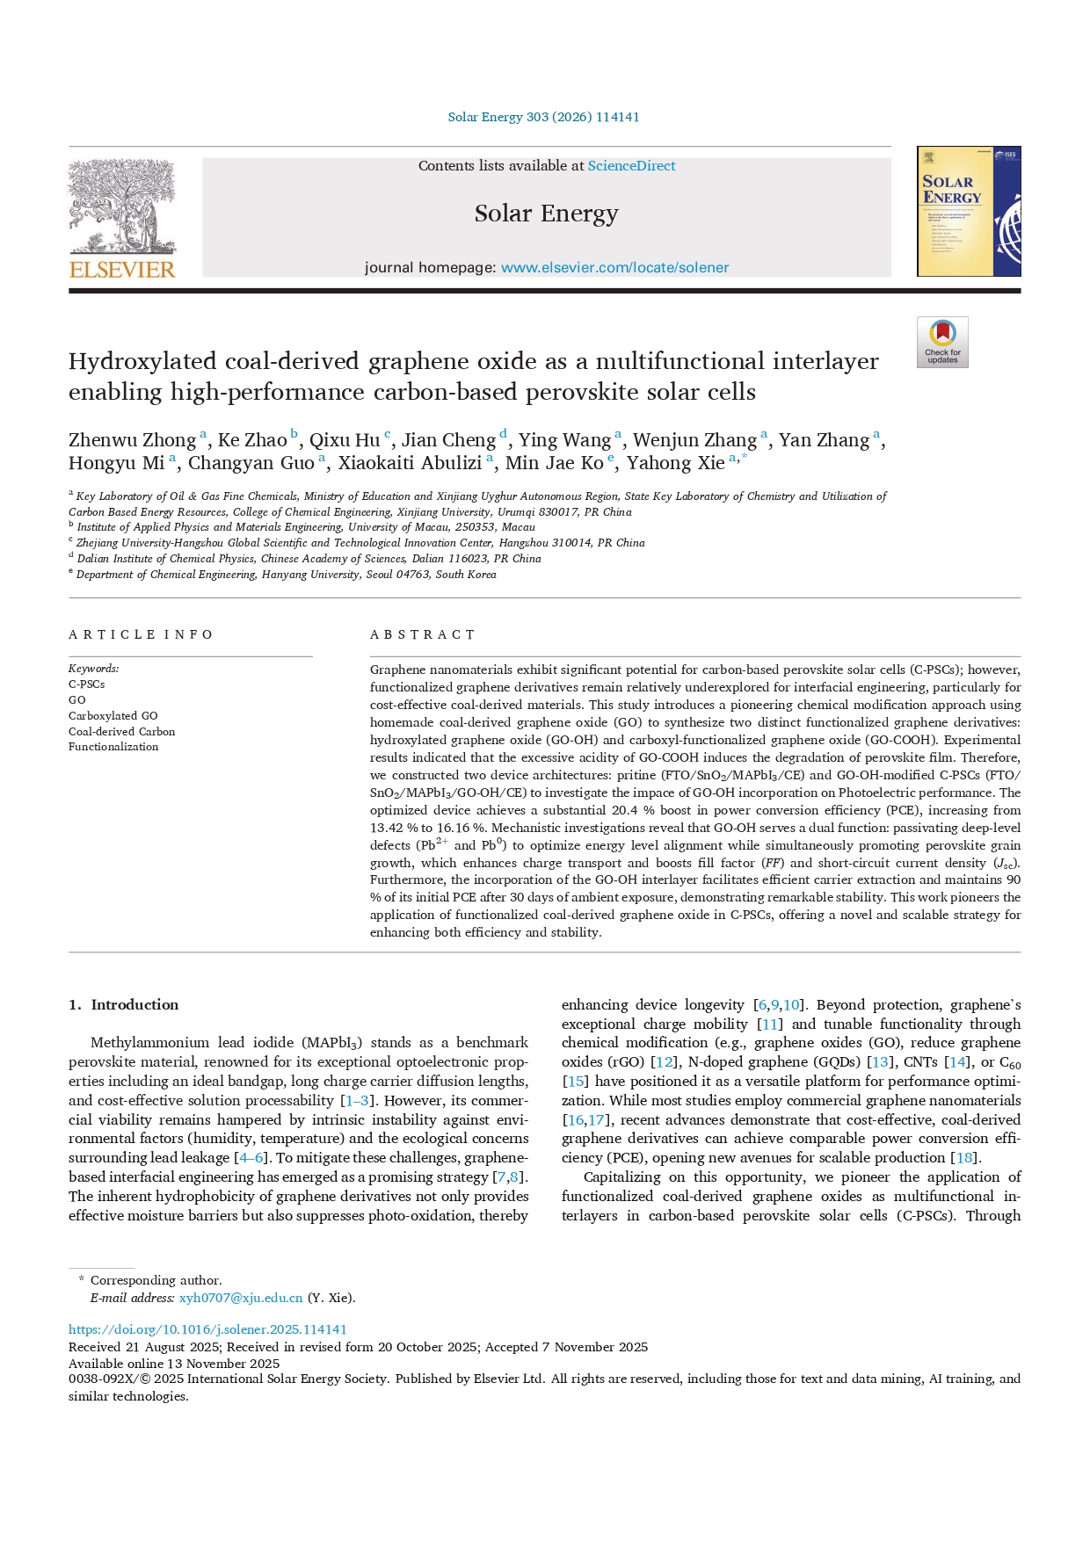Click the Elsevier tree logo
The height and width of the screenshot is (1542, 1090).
[122, 206]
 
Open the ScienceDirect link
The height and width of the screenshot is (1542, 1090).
[631, 166]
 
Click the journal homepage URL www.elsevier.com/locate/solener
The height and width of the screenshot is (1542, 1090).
[614, 268]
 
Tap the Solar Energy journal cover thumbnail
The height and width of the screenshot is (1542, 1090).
[968, 212]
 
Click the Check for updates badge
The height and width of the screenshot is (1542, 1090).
[942, 342]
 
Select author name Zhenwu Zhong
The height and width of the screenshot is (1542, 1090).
[132, 440]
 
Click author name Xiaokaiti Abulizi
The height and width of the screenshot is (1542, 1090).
[410, 463]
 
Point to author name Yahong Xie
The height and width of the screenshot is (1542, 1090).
[675, 463]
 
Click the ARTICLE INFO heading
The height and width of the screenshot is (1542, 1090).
[141, 634]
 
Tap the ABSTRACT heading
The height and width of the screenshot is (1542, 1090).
[422, 634]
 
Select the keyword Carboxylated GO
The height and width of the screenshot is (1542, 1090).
[113, 716]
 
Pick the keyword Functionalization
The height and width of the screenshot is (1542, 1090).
[113, 747]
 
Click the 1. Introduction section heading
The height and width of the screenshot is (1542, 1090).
[124, 1005]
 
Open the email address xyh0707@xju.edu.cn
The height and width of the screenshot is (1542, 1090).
[241, 1298]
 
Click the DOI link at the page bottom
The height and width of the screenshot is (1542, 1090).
[207, 1329]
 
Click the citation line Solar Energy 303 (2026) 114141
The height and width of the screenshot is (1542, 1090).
[543, 117]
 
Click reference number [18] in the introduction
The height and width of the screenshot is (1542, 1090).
[964, 1158]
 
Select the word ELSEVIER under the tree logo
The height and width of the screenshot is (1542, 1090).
[122, 270]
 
